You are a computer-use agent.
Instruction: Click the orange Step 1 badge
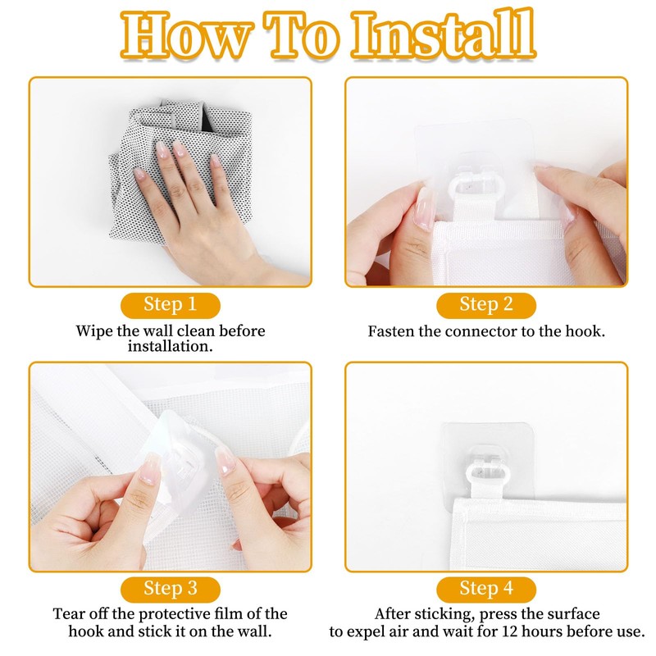(x=171, y=305)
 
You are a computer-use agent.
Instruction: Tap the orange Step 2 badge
(x=486, y=305)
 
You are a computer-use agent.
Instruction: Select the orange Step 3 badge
(x=171, y=589)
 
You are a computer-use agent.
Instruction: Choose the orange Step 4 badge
(x=486, y=589)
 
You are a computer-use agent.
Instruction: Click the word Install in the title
(x=444, y=34)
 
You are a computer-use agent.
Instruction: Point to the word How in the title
(x=188, y=35)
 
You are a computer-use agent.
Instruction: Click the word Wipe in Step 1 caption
(x=94, y=331)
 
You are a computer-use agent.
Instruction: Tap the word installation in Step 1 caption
(x=171, y=346)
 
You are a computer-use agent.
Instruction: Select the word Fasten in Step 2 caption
(x=391, y=331)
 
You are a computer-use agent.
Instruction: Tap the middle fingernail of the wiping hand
(x=180, y=148)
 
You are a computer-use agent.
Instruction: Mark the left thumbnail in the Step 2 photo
(x=425, y=208)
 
